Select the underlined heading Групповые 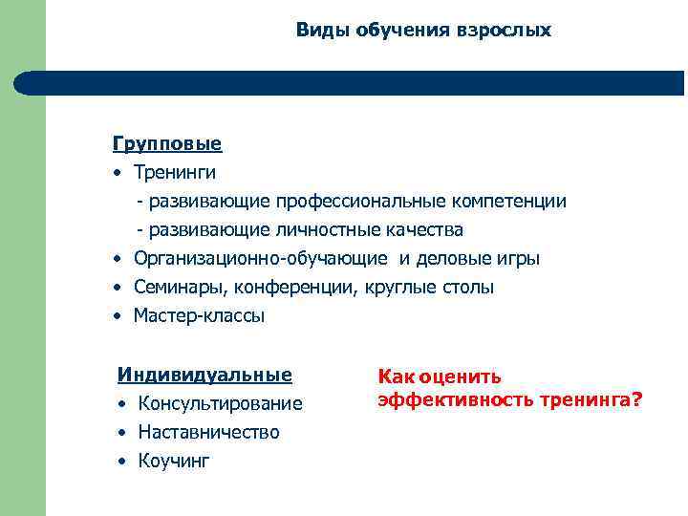point(167,144)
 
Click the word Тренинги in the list point(175,173)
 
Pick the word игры point(520,259)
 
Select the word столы point(468,288)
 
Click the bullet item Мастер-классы point(199,316)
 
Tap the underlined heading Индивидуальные point(204,374)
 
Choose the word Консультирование point(220,404)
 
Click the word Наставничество point(208,433)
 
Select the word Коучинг point(174,462)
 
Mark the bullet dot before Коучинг point(123,462)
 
